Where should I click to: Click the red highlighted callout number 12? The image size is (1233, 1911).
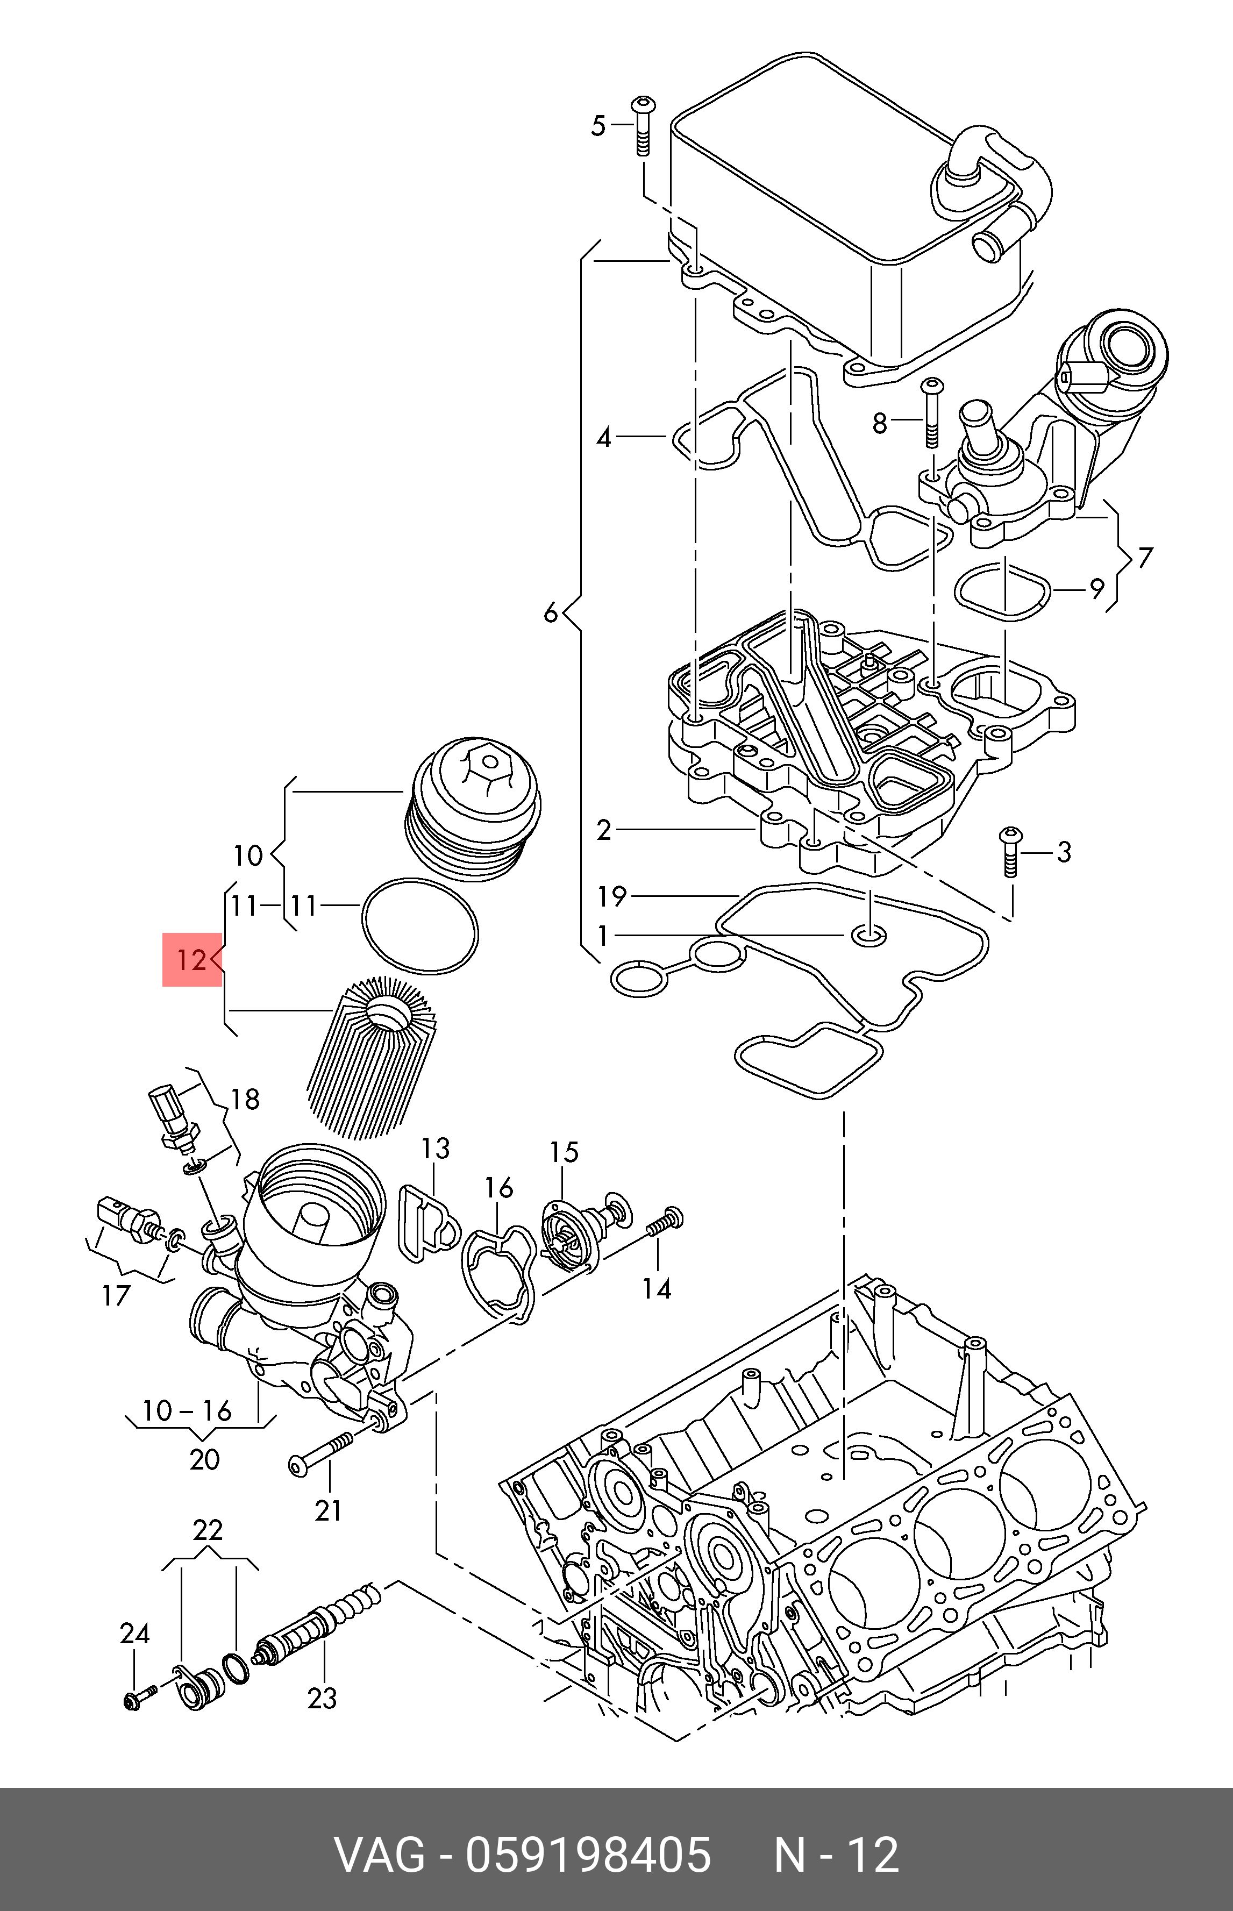[191, 959]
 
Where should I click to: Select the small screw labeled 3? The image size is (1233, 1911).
[1010, 853]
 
